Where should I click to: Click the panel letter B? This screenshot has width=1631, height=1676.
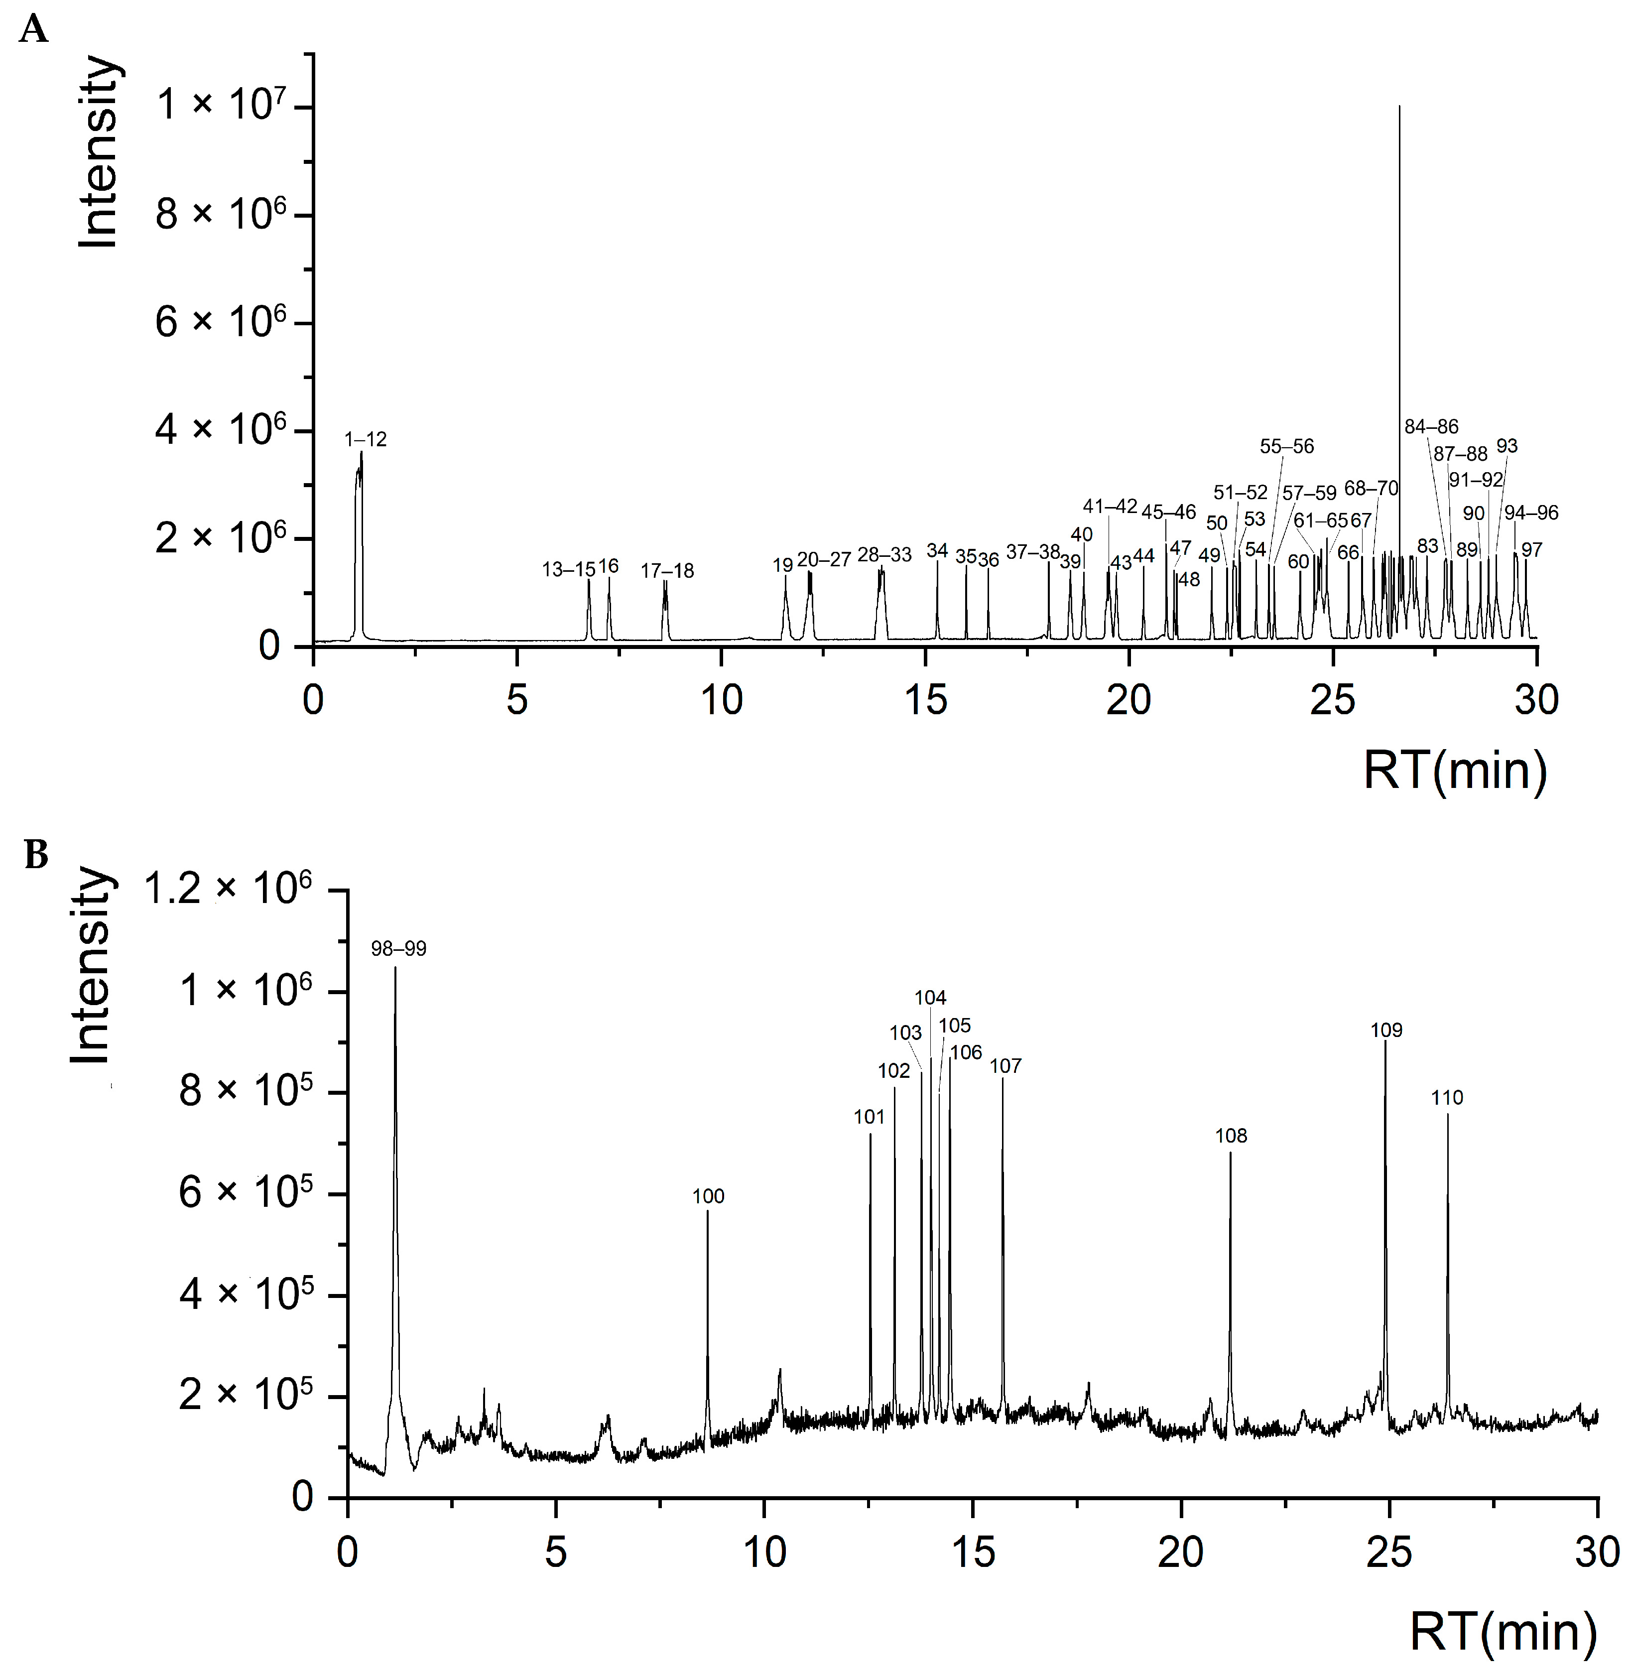click(35, 854)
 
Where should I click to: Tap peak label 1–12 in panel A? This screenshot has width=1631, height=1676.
click(365, 440)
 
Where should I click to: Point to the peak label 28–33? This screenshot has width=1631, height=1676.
click(884, 555)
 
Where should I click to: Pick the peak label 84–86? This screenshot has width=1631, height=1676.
click(1431, 427)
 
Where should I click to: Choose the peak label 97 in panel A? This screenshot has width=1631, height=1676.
click(1531, 550)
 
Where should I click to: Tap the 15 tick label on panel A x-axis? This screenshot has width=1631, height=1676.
click(925, 701)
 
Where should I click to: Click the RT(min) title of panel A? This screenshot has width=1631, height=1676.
click(1455, 771)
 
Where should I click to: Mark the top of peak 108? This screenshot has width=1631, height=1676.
click(1230, 1154)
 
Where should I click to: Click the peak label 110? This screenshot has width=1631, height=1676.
click(1447, 1098)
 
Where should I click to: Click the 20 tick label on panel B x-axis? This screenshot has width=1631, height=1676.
click(1180, 1552)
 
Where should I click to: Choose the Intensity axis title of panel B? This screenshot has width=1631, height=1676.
click(92, 966)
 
